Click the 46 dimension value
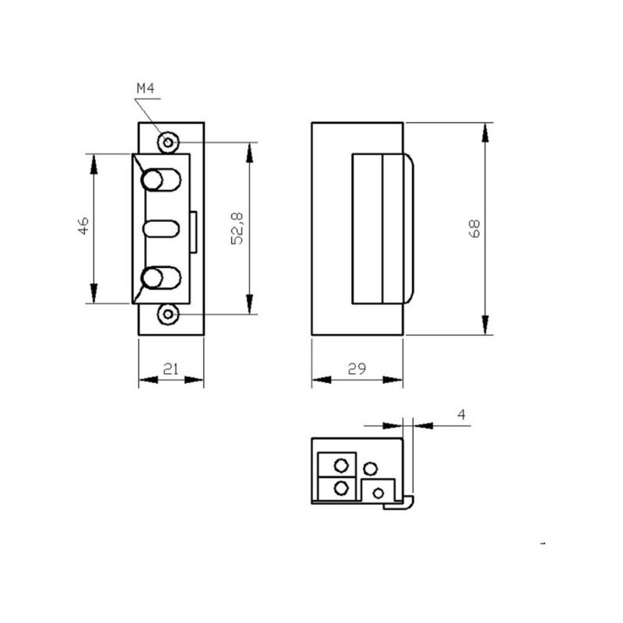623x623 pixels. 85,226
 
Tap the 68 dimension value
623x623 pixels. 476,228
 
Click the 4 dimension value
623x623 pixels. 461,416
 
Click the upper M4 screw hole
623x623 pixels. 167,143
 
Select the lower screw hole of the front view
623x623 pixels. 167,314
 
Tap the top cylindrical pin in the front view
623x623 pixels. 160,181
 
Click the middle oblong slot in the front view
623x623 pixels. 161,230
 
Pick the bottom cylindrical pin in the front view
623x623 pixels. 160,278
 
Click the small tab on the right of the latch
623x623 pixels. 195,230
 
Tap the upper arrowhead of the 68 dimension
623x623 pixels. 485,132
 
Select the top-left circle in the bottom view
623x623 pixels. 340,466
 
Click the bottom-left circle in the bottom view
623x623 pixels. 340,488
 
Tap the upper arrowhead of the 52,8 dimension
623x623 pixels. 249,152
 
